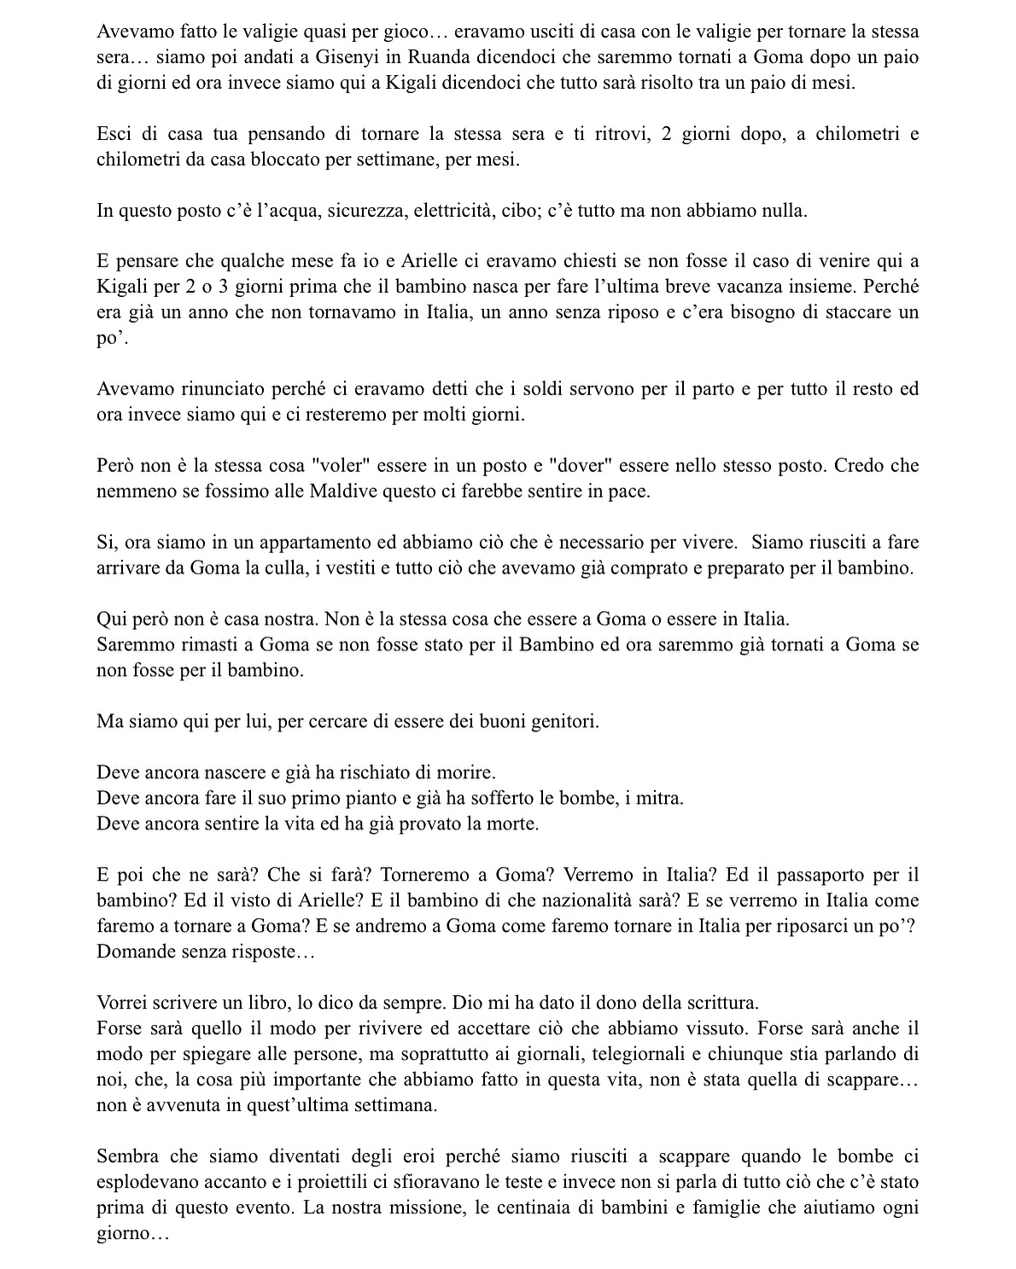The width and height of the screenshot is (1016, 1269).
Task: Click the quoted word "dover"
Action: [581, 466]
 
